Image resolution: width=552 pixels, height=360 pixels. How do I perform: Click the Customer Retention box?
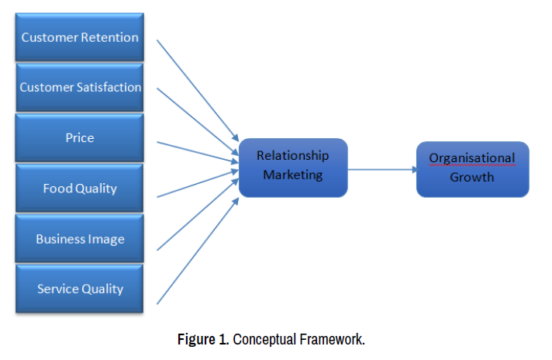pyautogui.click(x=79, y=37)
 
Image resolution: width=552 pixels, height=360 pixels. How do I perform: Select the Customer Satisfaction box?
pyautogui.click(x=79, y=87)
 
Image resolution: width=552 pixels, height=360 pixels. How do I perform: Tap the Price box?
pyautogui.click(x=79, y=138)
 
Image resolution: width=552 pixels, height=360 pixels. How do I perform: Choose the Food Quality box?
pyautogui.click(x=79, y=189)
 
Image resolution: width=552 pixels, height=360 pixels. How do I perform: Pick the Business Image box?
pyautogui.click(x=79, y=239)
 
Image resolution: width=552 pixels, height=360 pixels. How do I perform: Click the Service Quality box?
pyautogui.click(x=79, y=289)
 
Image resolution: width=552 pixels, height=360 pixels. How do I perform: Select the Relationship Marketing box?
pyautogui.click(x=292, y=165)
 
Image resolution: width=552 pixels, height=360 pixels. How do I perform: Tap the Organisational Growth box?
pyautogui.click(x=472, y=168)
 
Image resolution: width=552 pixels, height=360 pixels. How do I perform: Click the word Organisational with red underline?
pyautogui.click(x=472, y=158)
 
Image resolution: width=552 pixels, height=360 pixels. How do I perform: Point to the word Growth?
pyautogui.click(x=472, y=177)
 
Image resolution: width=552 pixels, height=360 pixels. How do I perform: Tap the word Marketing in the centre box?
pyautogui.click(x=292, y=175)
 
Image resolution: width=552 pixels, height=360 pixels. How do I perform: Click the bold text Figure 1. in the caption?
pyautogui.click(x=203, y=340)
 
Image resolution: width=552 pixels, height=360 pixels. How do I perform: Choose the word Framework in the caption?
pyautogui.click(x=331, y=340)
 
